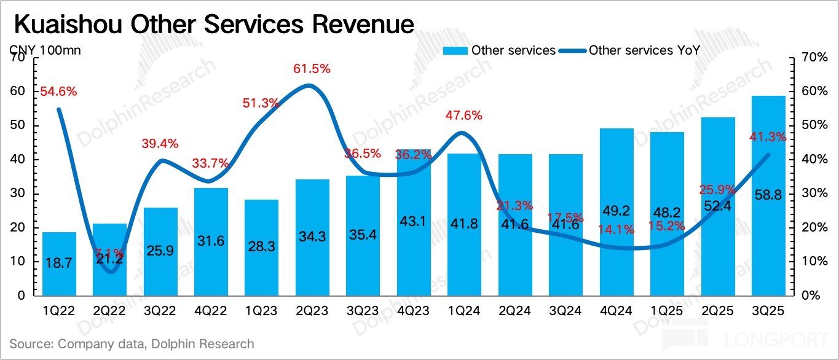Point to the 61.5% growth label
pos(311,69)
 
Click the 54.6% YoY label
pos(58,92)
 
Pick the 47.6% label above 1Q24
pos(463,115)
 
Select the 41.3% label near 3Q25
pos(767,137)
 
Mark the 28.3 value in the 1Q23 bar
pos(261,246)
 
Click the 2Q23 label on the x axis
pos(312,311)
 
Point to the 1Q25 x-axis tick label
pos(667,311)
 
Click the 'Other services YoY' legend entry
pos(644,50)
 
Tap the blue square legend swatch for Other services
pos(455,50)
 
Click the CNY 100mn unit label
pos(45,50)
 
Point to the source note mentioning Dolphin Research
pos(132,344)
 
